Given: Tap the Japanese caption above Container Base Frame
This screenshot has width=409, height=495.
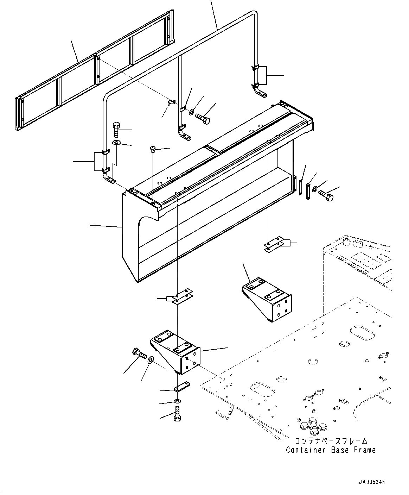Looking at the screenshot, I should click(x=330, y=441).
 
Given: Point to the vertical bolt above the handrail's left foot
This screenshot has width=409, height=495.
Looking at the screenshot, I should click(x=117, y=130).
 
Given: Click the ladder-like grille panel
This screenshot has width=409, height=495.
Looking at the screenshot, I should click(x=95, y=70).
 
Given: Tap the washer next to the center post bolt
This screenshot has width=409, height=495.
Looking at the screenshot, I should click(x=191, y=112).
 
